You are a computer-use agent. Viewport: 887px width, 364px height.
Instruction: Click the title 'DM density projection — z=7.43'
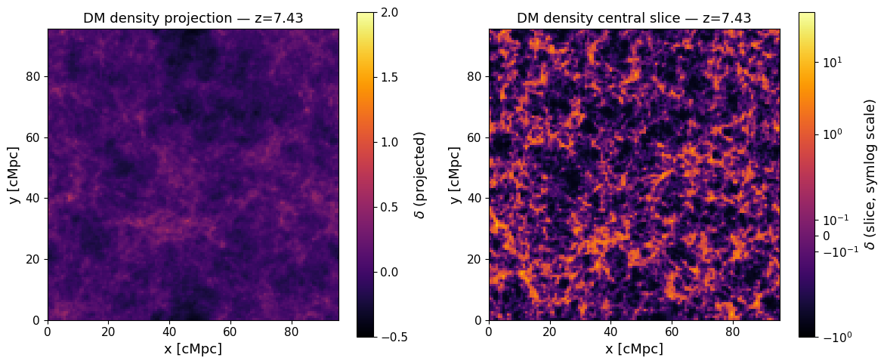coord(193,18)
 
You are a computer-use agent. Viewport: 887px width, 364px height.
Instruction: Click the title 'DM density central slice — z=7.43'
coord(634,18)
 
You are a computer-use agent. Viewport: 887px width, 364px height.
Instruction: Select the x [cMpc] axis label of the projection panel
coord(193,349)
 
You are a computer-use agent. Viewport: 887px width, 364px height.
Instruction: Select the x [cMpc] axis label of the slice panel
coord(634,349)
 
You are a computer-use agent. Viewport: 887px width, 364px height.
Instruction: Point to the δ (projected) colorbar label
coord(420,174)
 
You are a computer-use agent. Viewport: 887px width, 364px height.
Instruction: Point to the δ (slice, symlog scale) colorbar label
coord(870,174)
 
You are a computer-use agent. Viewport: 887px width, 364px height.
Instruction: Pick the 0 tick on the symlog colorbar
coord(826,236)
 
